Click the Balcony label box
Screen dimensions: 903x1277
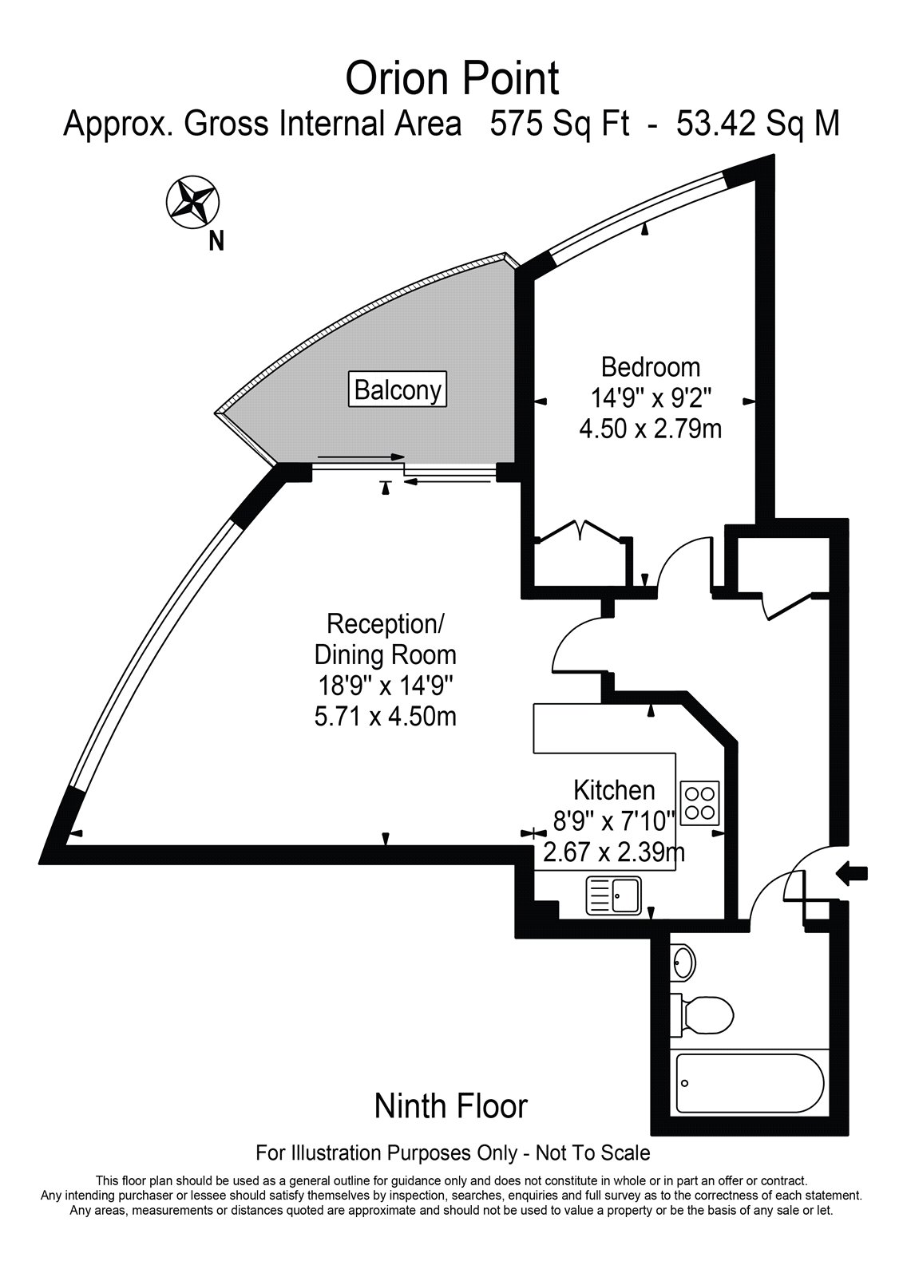click(398, 390)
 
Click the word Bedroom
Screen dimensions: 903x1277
click(651, 367)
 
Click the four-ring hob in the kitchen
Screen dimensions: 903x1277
click(700, 802)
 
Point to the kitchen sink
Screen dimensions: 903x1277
click(614, 895)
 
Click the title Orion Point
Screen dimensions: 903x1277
click(452, 79)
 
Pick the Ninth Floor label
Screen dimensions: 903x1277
click(451, 1106)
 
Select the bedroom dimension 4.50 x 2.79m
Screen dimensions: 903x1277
click(650, 429)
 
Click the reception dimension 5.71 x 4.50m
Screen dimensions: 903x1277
click(386, 717)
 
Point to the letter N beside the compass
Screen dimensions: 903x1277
click(216, 240)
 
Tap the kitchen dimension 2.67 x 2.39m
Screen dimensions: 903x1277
click(613, 852)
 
